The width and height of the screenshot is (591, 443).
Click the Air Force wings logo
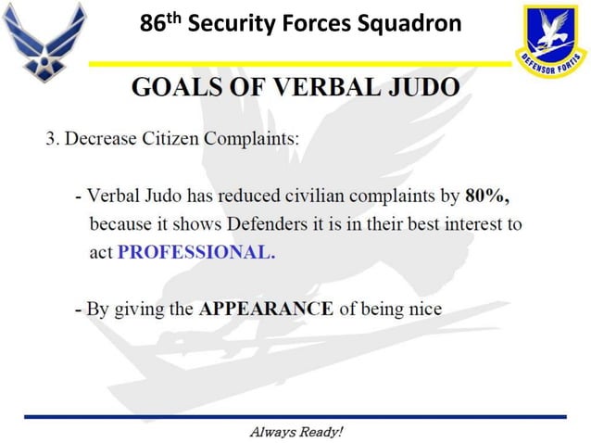[x=44, y=41]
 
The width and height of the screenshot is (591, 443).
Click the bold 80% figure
[x=487, y=196]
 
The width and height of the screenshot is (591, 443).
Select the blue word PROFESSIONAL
[x=196, y=253]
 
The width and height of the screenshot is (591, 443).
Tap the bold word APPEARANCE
[x=266, y=309]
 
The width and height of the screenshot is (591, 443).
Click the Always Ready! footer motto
[x=295, y=431]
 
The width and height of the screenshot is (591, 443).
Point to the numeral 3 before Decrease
[x=52, y=140]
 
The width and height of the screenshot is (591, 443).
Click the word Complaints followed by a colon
[x=249, y=140]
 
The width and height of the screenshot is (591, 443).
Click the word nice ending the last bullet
[x=423, y=309]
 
